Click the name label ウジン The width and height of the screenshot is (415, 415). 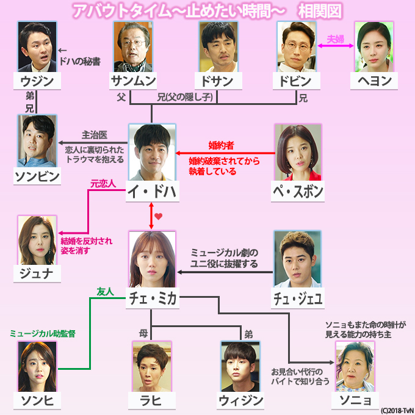coord(37,81)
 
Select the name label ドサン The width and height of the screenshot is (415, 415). coord(214,81)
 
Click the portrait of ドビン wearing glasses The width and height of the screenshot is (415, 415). coord(297,47)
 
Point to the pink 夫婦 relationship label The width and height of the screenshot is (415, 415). coord(336,39)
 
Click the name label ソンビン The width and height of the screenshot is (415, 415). coord(37,176)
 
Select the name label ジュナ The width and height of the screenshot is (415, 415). coord(37,273)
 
